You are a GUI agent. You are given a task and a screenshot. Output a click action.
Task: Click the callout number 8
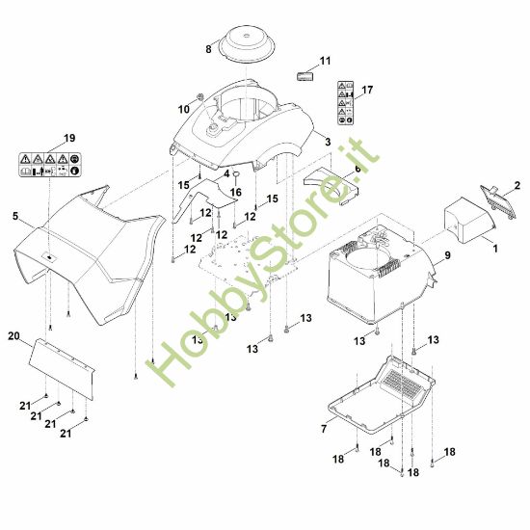pos(208,49)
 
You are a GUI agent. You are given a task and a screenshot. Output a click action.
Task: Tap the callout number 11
pos(325,61)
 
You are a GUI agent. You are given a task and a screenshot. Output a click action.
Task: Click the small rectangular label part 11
pos(305,76)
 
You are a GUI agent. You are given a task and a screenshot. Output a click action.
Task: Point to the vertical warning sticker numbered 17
pos(345,103)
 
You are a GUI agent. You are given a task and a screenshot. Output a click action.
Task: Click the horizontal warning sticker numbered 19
pos(50,165)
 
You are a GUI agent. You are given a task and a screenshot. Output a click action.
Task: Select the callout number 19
pos(69,138)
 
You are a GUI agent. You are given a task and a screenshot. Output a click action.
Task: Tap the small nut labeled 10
pos(199,97)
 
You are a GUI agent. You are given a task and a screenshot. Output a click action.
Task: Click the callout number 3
pos(328,142)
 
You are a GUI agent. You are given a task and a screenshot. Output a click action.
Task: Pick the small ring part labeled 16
pos(237,174)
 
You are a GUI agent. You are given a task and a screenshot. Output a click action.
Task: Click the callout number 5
pos(15,216)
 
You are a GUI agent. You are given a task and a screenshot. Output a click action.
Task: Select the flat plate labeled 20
pos(62,369)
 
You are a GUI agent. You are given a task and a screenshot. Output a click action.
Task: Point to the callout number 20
pos(13,336)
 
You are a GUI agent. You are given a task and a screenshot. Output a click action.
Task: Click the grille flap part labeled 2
pos(497,201)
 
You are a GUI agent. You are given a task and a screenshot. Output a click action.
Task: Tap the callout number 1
pos(495,249)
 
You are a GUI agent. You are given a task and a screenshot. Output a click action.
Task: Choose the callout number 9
pos(447,255)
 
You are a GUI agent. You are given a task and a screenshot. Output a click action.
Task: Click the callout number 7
pos(324,429)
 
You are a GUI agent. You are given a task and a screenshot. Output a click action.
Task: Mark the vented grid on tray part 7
pos(401,384)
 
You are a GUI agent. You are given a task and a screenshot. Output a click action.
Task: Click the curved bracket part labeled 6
pos(331,185)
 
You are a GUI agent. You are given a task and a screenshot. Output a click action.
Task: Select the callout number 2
pos(517,186)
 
